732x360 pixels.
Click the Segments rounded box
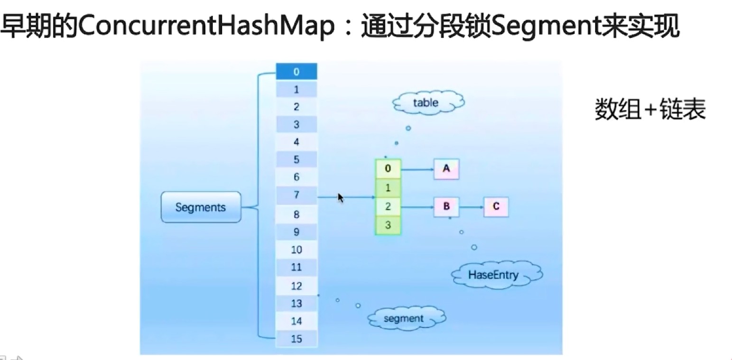coord(201,207)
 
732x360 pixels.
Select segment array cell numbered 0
coord(297,72)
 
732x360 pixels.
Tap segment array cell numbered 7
coord(297,195)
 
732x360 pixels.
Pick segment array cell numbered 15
coord(297,339)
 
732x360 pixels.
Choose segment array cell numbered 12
coord(297,286)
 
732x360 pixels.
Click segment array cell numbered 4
coord(297,142)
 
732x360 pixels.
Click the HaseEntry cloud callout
coord(493,275)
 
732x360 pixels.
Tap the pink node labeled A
coord(446,168)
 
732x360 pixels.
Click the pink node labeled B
coord(446,206)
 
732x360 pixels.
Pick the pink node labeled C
coord(496,206)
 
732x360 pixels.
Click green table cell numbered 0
coord(388,168)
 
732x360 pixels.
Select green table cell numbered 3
coord(388,225)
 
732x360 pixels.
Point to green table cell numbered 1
coord(388,187)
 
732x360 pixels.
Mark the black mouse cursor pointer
coord(340,197)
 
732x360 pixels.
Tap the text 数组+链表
coord(650,110)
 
